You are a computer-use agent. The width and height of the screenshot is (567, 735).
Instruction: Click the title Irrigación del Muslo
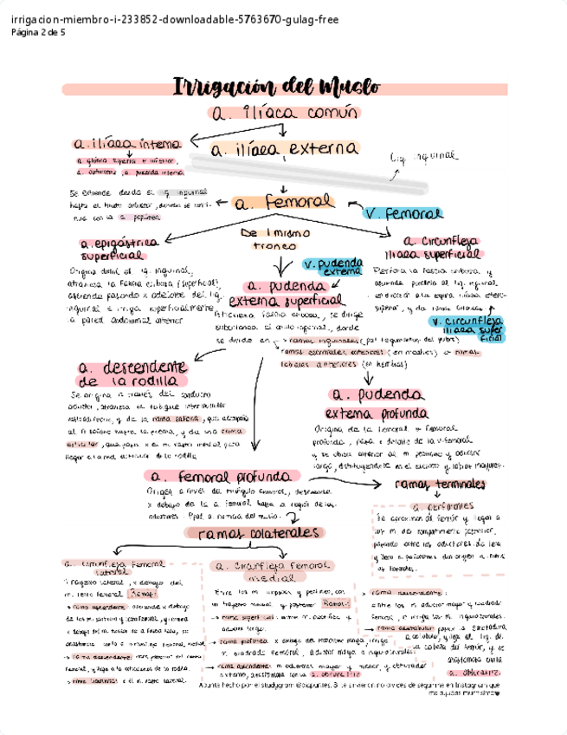pyautogui.click(x=276, y=87)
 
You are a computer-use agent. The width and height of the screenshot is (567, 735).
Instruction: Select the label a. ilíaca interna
pyautogui.click(x=127, y=144)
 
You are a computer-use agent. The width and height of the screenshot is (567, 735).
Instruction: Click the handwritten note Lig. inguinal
pyautogui.click(x=424, y=157)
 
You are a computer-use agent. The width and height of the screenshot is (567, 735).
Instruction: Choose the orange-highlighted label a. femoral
pyautogui.click(x=283, y=202)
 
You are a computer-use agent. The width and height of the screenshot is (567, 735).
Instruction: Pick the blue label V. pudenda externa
pyautogui.click(x=332, y=267)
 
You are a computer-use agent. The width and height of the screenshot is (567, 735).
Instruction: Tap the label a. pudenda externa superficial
pyautogui.click(x=280, y=292)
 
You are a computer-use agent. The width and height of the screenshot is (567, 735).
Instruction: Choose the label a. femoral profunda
pyautogui.click(x=223, y=477)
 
